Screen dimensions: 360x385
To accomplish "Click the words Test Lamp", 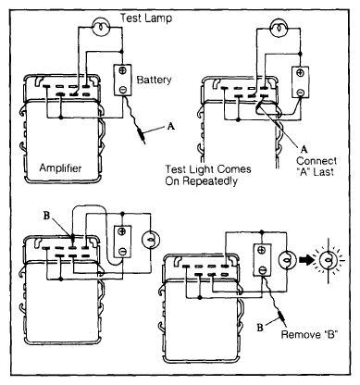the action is click(x=146, y=18).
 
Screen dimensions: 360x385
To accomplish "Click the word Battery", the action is click(x=154, y=80).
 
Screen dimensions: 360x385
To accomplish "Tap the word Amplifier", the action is click(x=60, y=168).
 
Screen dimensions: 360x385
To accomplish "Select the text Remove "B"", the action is click(x=309, y=334).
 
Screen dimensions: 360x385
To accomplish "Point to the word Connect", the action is click(x=317, y=161).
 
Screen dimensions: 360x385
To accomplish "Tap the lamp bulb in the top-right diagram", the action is click(x=279, y=27).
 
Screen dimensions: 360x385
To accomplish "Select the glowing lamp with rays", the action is click(x=329, y=260).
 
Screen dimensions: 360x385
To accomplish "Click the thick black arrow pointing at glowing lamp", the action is click(x=305, y=260).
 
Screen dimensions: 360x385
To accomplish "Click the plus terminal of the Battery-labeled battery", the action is click(x=123, y=70).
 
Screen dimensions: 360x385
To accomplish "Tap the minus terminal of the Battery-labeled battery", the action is click(x=123, y=90).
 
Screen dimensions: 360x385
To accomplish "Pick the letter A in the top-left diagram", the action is click(x=171, y=126).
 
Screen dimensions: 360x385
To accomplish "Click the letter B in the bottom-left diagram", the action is click(x=46, y=216).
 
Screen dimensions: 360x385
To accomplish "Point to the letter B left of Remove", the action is click(x=260, y=328).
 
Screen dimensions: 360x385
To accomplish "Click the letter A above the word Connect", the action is click(x=304, y=149).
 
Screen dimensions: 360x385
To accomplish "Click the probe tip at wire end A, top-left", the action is click(x=142, y=136).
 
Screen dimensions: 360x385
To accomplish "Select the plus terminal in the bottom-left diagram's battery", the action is click(x=123, y=231).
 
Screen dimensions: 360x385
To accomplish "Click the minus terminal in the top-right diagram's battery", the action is click(x=300, y=92).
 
